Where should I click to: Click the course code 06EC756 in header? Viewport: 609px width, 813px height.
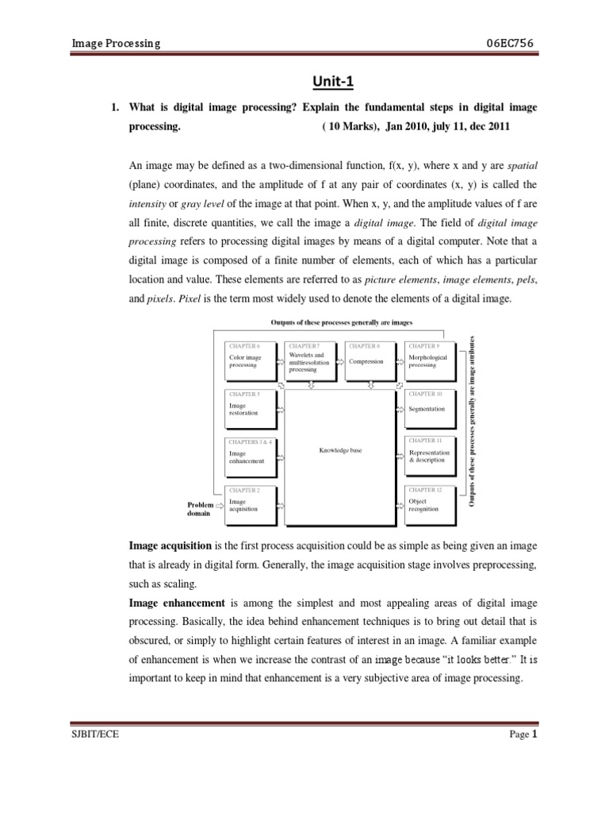click(512, 44)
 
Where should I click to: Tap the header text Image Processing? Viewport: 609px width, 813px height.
click(116, 44)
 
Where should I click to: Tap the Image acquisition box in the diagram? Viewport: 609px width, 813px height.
click(250, 503)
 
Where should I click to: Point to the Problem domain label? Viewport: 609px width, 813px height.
click(200, 508)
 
